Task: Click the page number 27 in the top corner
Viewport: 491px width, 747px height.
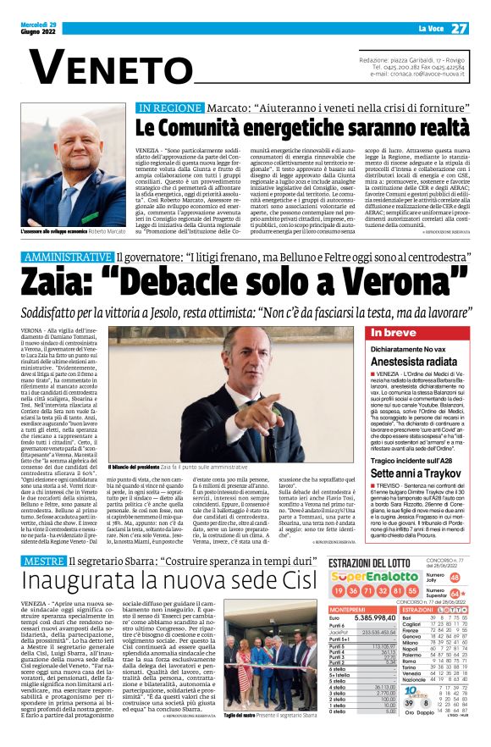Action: tap(458, 28)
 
